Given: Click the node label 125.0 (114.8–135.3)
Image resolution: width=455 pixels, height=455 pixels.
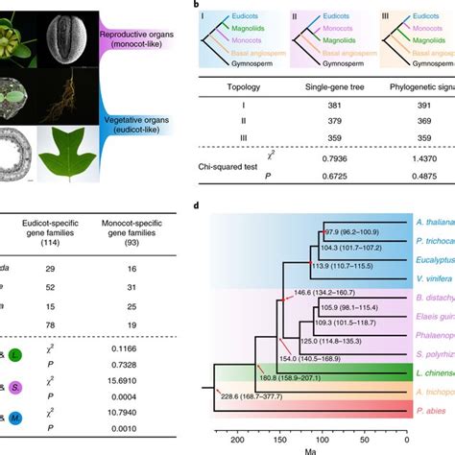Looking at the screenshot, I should [x=335, y=313].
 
